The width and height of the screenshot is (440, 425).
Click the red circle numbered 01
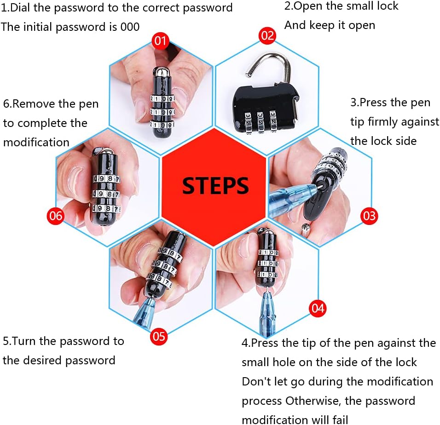click(160, 41)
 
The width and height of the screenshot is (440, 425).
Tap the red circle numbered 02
click(267, 35)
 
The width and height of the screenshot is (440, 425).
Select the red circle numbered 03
click(369, 216)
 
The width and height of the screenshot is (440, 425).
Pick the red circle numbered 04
click(318, 308)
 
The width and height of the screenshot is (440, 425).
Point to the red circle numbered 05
click(158, 336)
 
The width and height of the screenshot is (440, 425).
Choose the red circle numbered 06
click(55, 216)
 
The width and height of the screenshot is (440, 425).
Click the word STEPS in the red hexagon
click(215, 186)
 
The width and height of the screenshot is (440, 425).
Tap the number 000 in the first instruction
click(130, 27)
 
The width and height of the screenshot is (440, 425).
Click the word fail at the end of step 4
click(341, 420)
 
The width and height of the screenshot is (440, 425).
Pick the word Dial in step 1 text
click(20, 7)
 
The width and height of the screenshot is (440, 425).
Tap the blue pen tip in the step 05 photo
click(148, 305)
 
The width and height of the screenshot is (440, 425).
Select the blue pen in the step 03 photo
click(292, 198)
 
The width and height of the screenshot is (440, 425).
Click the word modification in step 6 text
click(36, 143)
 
